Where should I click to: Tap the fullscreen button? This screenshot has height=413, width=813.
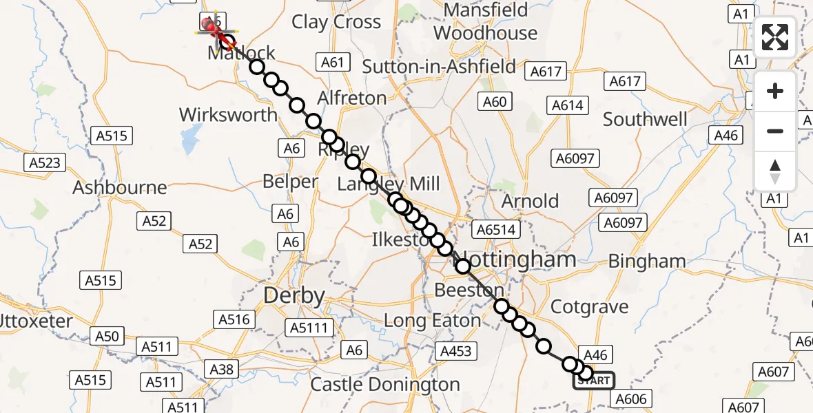(x=775, y=37)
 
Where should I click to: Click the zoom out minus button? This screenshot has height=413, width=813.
(x=775, y=131)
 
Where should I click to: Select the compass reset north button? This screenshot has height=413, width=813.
(x=775, y=171)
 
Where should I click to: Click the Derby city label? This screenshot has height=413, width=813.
(x=294, y=296)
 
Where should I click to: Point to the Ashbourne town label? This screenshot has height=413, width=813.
(x=120, y=187)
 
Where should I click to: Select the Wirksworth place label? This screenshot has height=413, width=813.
(x=228, y=114)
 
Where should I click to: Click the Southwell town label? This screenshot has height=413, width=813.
(x=645, y=119)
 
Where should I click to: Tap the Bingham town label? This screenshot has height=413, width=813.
(x=647, y=262)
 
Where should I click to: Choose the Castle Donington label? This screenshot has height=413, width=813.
(x=385, y=384)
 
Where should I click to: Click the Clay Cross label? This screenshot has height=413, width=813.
(x=336, y=22)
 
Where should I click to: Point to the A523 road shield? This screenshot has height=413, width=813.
(x=45, y=163)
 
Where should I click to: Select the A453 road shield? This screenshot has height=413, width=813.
(x=455, y=351)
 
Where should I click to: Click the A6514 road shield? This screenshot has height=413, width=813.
(x=496, y=229)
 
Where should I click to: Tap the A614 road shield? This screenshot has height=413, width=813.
(x=568, y=105)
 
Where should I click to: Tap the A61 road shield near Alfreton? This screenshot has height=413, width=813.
(x=332, y=63)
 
